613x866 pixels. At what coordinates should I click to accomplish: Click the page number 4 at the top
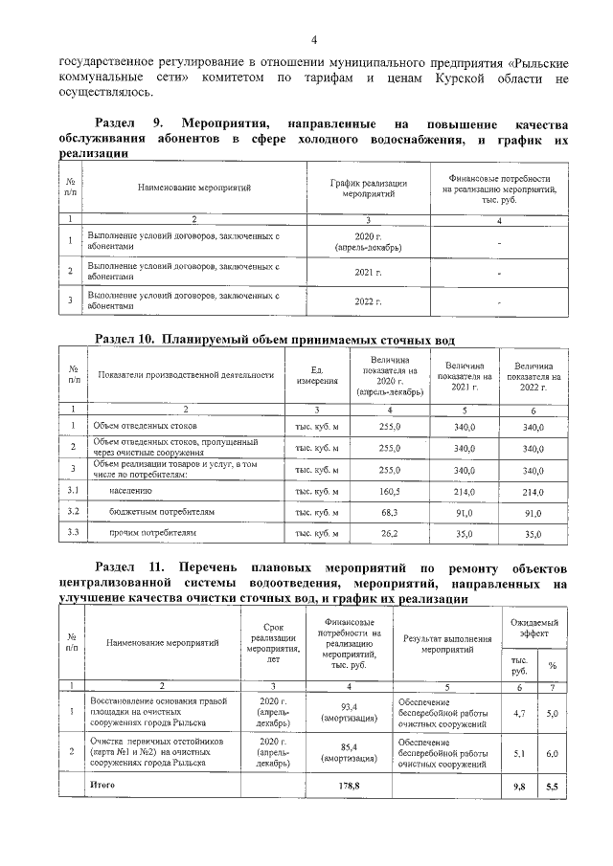pos(313,39)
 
